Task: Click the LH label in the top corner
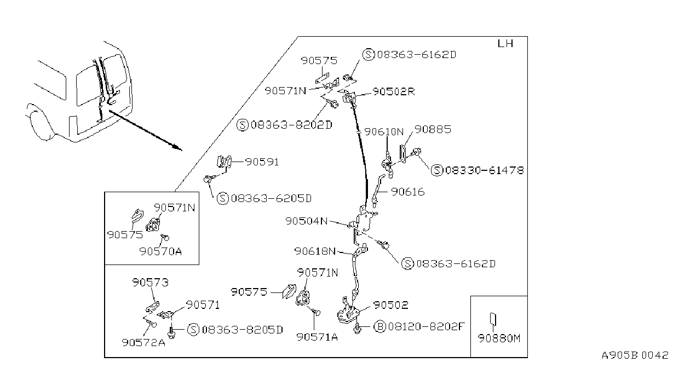point(505,44)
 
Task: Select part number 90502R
point(394,91)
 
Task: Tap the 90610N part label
point(384,132)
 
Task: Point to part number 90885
point(433,129)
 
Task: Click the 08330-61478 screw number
point(484,170)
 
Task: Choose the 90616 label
point(408,192)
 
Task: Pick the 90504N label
point(306,221)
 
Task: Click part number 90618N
point(315,251)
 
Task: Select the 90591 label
point(262,162)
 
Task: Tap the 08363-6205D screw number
point(271,198)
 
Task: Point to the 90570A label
point(160,251)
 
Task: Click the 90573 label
point(150,283)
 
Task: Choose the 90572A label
point(143,342)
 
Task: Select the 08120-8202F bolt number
point(427,326)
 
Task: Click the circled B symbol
point(380,326)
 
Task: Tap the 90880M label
point(499,338)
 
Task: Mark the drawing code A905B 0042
point(635,355)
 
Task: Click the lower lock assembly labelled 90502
point(348,313)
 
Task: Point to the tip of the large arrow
point(182,150)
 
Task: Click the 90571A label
point(317,337)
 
